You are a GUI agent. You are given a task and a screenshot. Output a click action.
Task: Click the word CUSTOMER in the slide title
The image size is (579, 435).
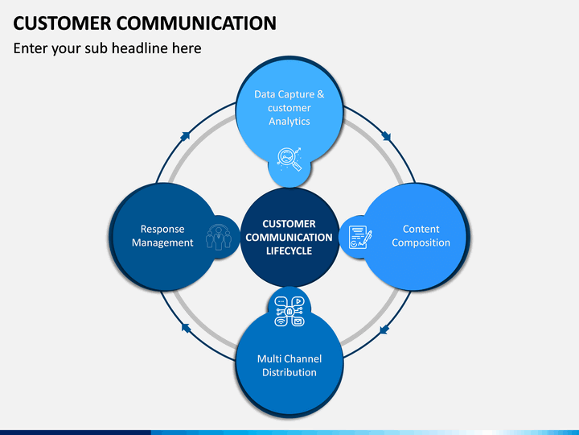coord(62,23)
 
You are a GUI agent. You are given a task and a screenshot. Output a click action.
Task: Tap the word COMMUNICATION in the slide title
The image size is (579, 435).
coord(196,23)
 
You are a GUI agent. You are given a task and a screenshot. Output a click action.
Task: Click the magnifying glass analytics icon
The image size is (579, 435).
coord(289,159)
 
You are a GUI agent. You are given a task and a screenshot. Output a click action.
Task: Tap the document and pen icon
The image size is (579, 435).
coord(360,237)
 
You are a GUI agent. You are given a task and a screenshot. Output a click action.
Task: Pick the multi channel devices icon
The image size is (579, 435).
coord(289,312)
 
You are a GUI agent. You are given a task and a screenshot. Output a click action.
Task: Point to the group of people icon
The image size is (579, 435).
coord(219,237)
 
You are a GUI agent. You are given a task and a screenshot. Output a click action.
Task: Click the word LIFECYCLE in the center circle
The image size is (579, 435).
coord(289,251)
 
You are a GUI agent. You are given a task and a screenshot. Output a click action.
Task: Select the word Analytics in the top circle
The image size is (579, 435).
coord(289,122)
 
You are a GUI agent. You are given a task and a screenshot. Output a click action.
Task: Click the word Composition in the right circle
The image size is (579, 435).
coord(421,242)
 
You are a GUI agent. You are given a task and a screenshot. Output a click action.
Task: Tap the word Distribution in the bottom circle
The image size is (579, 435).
coord(289,372)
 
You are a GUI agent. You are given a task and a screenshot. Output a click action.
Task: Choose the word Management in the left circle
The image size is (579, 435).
coord(162,242)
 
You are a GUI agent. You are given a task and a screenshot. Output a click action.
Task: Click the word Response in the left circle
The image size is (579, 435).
coord(162,229)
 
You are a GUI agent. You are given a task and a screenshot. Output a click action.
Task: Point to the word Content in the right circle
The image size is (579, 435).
coord(421,229)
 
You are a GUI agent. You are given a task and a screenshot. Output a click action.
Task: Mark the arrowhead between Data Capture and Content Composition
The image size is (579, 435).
coord(386,136)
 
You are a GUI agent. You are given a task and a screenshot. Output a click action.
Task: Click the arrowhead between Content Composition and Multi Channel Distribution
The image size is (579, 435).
coord(384,329)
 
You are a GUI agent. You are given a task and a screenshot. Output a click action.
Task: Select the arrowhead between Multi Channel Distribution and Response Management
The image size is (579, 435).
coord(186,327)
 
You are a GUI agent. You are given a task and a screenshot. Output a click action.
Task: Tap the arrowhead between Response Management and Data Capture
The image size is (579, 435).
coord(185,136)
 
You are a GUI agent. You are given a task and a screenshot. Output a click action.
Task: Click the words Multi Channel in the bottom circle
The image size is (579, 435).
coord(289,358)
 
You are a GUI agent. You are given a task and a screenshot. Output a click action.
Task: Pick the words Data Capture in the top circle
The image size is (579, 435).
coord(285,94)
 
